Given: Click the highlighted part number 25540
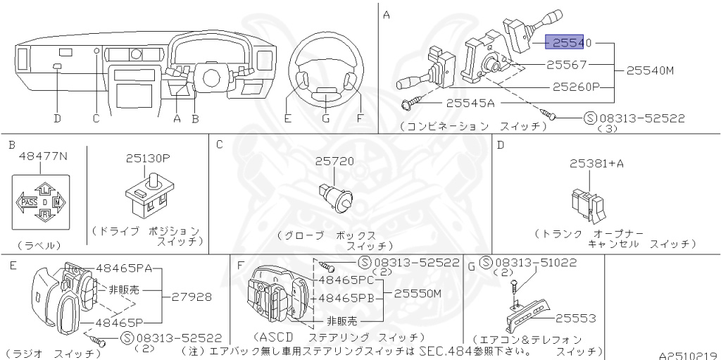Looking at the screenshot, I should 568,43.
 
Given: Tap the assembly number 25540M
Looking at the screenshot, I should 651,70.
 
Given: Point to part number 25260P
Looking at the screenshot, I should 575,87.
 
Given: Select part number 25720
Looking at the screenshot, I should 334,161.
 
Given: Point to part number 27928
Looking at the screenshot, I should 191,297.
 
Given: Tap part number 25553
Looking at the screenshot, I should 576,318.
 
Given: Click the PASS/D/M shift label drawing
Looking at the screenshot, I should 41,203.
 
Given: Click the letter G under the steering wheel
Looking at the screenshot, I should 326,118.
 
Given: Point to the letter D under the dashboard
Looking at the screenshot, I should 57,118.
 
